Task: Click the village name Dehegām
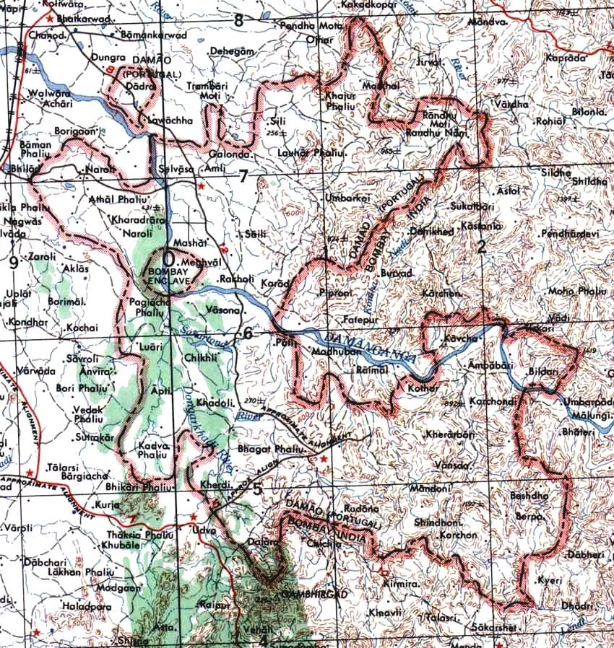(x=233, y=52)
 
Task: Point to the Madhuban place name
(x=330, y=351)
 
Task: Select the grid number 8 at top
(x=239, y=19)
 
